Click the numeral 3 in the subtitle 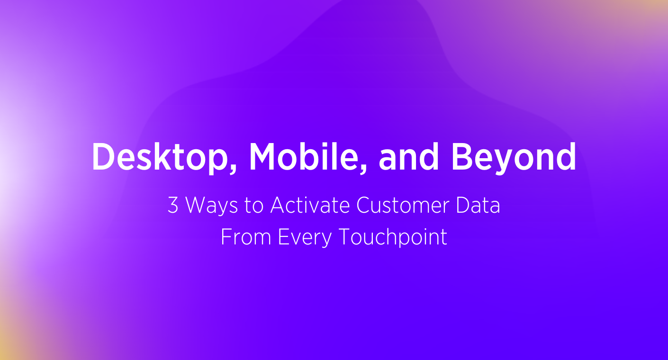coord(173,206)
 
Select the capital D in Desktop coord(102,157)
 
